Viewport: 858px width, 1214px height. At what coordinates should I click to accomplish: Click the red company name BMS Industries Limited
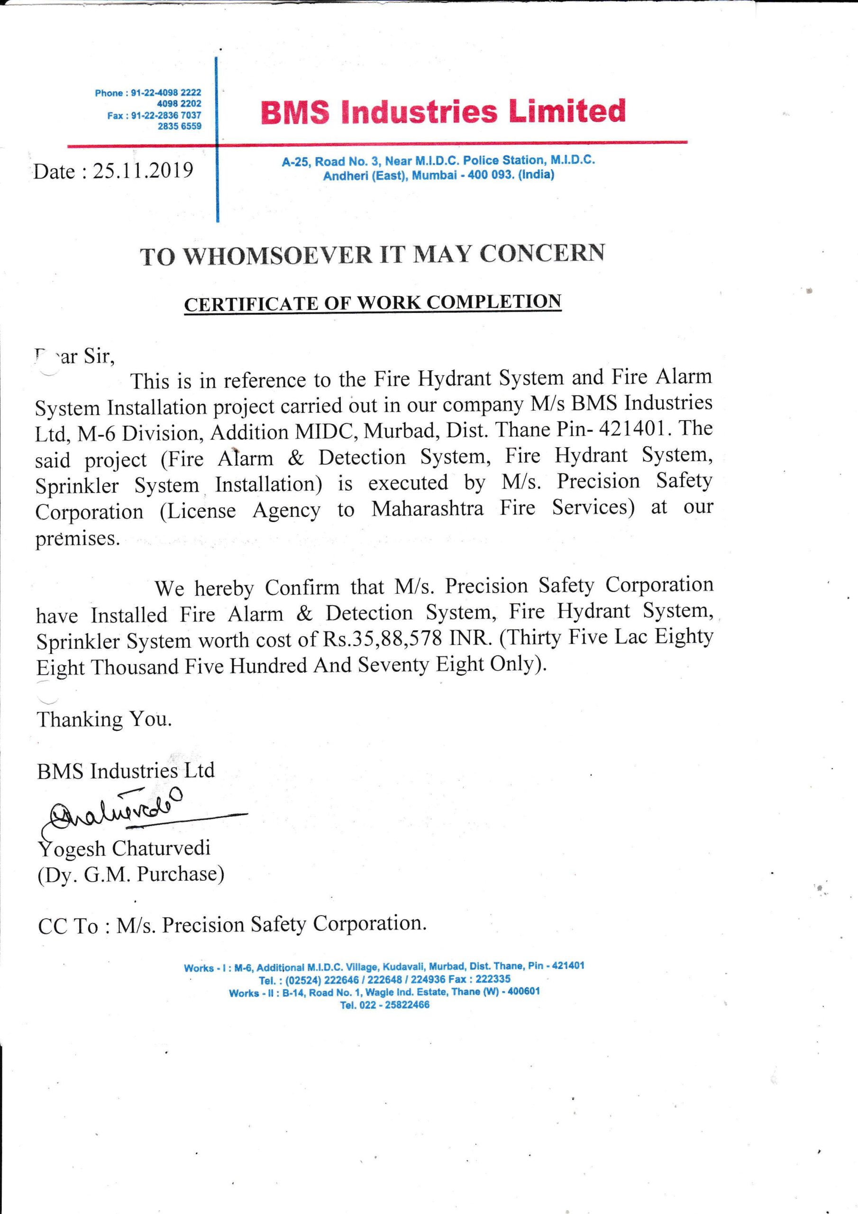[443, 111]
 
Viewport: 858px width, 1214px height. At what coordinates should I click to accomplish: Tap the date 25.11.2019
[143, 171]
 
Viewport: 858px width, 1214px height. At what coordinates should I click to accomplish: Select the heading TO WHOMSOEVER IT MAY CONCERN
[372, 254]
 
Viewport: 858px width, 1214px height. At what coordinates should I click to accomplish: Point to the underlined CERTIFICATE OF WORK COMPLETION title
[372, 303]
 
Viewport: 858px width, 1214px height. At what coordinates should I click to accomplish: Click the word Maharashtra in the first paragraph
[427, 509]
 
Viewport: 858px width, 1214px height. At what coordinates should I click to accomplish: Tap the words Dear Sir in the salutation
[74, 357]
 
